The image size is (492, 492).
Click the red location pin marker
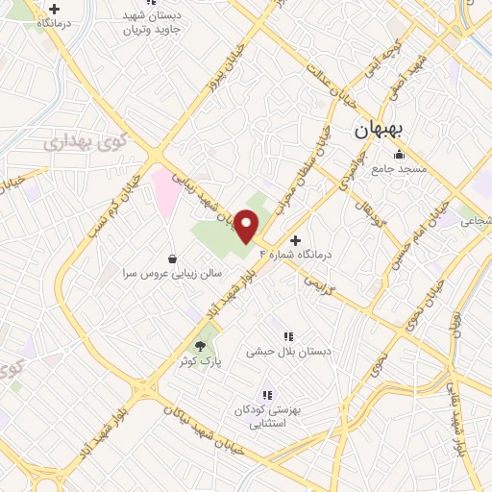click(x=247, y=227)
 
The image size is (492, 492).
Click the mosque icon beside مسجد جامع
click(x=399, y=155)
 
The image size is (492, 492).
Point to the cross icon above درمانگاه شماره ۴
click(x=294, y=239)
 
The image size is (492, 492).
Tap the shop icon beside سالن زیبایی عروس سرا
click(x=172, y=258)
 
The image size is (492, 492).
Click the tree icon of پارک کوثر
click(x=200, y=346)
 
